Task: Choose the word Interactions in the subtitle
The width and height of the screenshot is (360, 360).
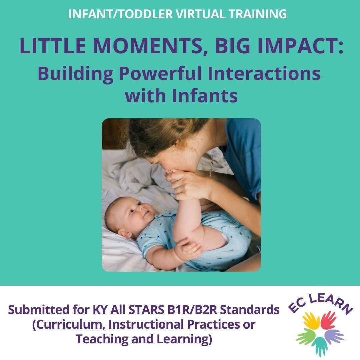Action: coord(264,74)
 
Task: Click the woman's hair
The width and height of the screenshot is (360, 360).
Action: coord(157,137)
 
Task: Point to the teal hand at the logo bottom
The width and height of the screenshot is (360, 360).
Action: coord(320,345)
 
